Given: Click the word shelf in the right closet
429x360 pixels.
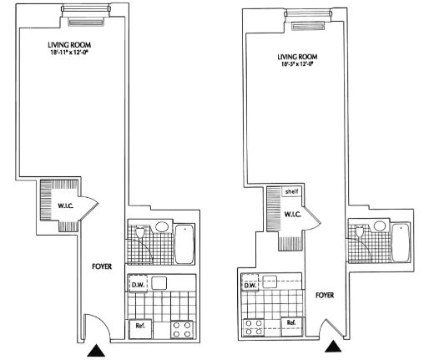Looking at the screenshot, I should coord(290,190).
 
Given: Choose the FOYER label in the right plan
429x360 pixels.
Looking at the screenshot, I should coord(326,295).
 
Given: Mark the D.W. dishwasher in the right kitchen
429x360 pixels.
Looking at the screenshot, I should coord(248,284).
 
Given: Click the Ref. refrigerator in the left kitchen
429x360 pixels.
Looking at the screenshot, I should coord(139,325).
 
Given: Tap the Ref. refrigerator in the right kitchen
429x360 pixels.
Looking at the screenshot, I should coord(291,322).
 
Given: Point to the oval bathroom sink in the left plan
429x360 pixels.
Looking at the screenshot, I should coord(161,227).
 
